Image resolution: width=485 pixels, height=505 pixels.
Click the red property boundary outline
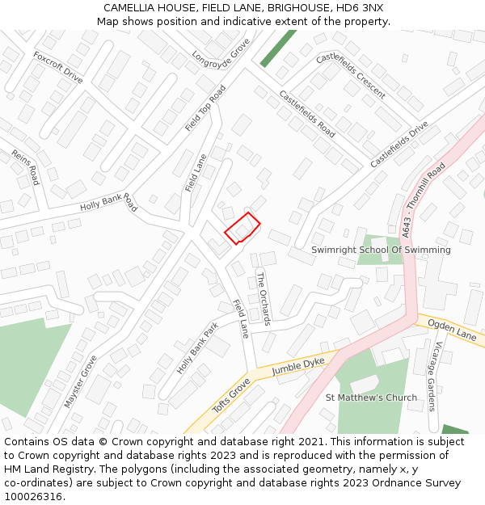click(242, 228)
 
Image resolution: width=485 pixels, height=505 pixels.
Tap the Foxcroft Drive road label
click(58, 67)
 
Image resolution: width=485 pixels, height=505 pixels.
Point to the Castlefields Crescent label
click(351, 75)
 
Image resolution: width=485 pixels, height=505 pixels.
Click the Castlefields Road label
click(307, 113)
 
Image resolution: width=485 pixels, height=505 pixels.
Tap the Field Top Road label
click(205, 107)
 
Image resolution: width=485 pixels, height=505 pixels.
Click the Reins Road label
click(25, 166)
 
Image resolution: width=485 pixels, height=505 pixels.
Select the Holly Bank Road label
click(108, 202)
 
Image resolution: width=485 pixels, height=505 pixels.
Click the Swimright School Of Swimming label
click(381, 250)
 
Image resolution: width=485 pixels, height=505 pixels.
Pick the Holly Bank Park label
click(198, 348)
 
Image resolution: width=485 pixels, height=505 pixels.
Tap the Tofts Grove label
click(231, 395)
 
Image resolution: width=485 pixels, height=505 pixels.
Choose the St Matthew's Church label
click(371, 398)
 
